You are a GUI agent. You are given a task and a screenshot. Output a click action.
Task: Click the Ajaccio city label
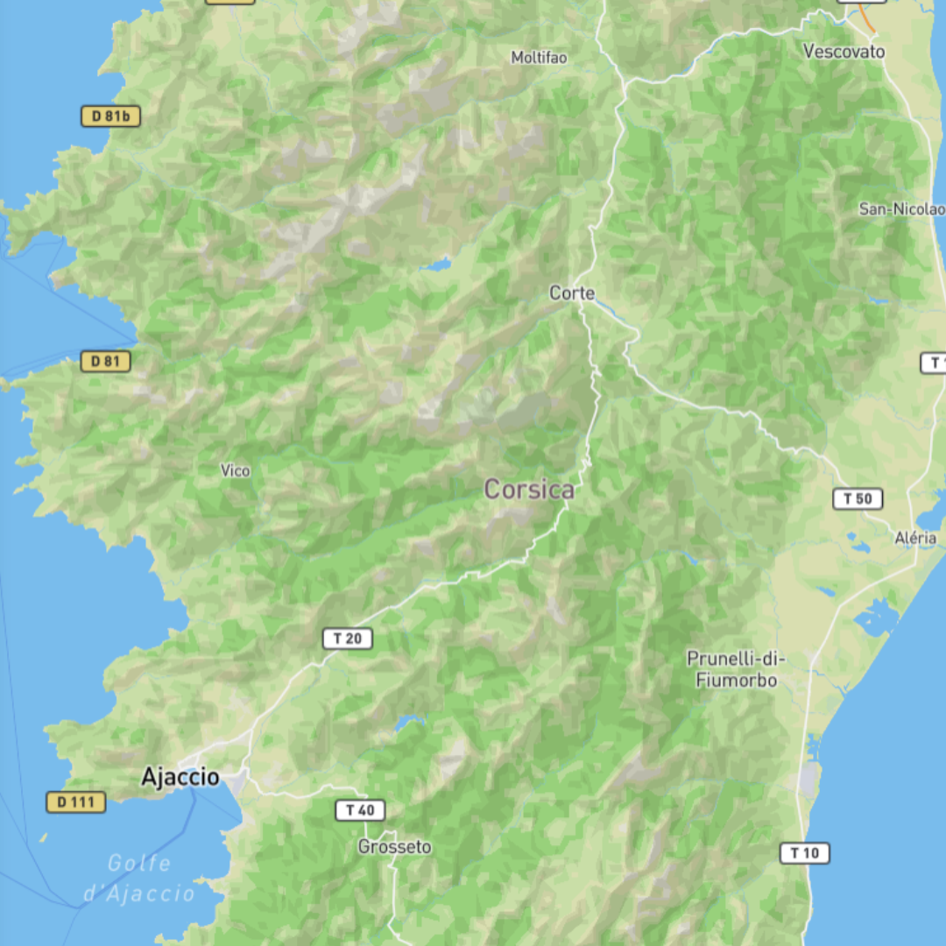tap(180, 777)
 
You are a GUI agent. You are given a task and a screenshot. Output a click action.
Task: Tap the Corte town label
tap(572, 293)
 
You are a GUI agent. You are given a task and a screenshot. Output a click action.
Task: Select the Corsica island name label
tap(530, 490)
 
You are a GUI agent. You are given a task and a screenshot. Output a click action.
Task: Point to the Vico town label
tap(235, 471)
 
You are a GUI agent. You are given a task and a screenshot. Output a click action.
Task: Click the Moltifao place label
tap(539, 58)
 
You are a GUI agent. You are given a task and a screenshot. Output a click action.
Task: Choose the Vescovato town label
tap(844, 52)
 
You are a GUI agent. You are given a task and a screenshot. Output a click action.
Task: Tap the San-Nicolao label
tap(901, 209)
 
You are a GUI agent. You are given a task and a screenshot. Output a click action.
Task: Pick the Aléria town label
tap(915, 538)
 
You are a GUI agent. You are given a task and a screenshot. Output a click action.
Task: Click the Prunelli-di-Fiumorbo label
tap(737, 669)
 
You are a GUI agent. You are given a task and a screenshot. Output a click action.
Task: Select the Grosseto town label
tap(394, 847)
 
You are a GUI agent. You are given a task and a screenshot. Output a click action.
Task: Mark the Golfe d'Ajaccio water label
tap(139, 879)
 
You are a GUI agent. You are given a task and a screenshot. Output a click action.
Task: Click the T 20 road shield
tap(348, 639)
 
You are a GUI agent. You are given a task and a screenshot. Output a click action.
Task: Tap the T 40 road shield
tap(360, 810)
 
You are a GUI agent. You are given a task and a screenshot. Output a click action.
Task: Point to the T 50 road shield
tap(857, 499)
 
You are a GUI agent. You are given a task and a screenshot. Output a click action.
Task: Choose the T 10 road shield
tap(804, 852)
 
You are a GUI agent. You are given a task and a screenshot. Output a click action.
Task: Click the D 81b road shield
tap(110, 116)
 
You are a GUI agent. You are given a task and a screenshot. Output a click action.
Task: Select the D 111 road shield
tap(76, 801)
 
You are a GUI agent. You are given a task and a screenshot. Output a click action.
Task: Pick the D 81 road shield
tap(105, 361)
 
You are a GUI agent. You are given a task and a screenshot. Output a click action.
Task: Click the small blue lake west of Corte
tap(435, 264)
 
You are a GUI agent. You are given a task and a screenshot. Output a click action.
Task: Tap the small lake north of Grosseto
tap(408, 723)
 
